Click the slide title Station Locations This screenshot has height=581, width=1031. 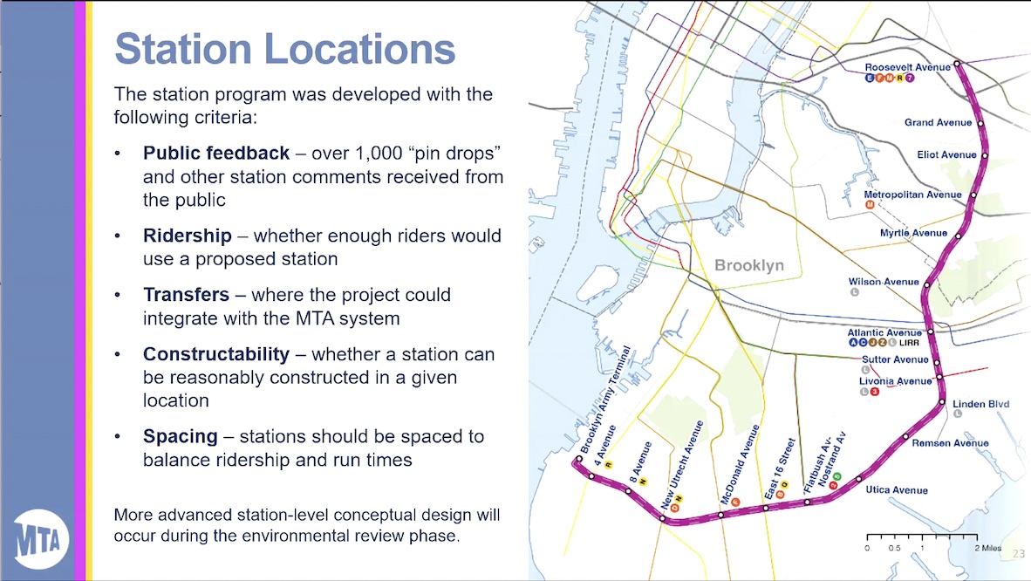[284, 49]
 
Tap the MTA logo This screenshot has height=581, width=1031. [42, 539]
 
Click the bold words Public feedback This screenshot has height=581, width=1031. [216, 154]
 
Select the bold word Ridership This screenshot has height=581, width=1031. [188, 236]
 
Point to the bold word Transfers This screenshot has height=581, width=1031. [186, 295]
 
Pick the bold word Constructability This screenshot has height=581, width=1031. [216, 354]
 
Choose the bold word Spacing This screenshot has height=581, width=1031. [180, 436]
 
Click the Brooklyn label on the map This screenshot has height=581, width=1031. [749, 265]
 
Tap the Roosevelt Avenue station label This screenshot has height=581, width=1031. [907, 67]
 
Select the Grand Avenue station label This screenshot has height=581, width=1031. [938, 123]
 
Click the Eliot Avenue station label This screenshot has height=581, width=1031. [946, 155]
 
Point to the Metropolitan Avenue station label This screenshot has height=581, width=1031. [912, 195]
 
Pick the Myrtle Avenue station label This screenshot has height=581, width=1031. [913, 233]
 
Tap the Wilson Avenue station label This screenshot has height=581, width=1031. [884, 282]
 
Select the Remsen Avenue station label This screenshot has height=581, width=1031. [950, 443]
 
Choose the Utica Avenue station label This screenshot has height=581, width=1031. [897, 490]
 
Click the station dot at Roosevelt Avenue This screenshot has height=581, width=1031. [957, 64]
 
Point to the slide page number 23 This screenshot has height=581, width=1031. [1018, 554]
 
